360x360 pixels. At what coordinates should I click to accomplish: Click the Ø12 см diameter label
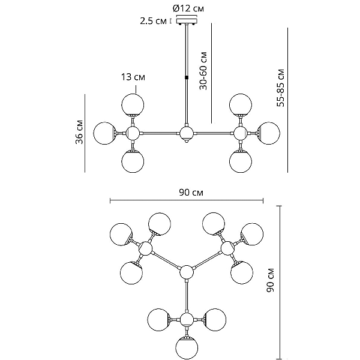pyautogui.click(x=188, y=8)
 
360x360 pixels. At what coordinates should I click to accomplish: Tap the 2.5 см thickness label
pyautogui.click(x=154, y=21)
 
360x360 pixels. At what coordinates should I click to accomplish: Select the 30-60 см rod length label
pyautogui.click(x=203, y=71)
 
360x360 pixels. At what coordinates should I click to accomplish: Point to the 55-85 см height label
pyautogui.click(x=281, y=88)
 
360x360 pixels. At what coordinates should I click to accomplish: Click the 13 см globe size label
pyautogui.click(x=133, y=77)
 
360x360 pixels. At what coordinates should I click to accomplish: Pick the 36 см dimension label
pyautogui.click(x=79, y=132)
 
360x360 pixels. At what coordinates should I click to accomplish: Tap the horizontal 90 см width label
pyautogui.click(x=191, y=193)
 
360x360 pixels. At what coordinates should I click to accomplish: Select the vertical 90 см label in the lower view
pyautogui.click(x=271, y=280)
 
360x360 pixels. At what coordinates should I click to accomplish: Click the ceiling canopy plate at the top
pyautogui.click(x=187, y=21)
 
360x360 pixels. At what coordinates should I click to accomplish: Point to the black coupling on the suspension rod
pyautogui.click(x=187, y=77)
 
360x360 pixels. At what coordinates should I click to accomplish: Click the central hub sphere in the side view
pyautogui.click(x=187, y=133)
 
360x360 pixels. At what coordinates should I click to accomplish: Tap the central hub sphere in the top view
pyautogui.click(x=187, y=272)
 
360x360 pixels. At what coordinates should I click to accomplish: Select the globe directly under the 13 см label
pyautogui.click(x=133, y=104)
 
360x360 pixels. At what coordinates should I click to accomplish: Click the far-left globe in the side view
pyautogui.click(x=105, y=133)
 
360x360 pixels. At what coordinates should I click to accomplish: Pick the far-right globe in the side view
pyautogui.click(x=268, y=133)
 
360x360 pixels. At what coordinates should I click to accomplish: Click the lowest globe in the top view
pyautogui.click(x=187, y=347)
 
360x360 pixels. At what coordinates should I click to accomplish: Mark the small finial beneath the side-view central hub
pyautogui.click(x=187, y=142)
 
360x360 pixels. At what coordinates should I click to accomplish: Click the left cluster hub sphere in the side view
pyautogui.click(x=133, y=133)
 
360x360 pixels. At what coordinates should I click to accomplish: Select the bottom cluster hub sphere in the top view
pyautogui.click(x=187, y=320)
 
